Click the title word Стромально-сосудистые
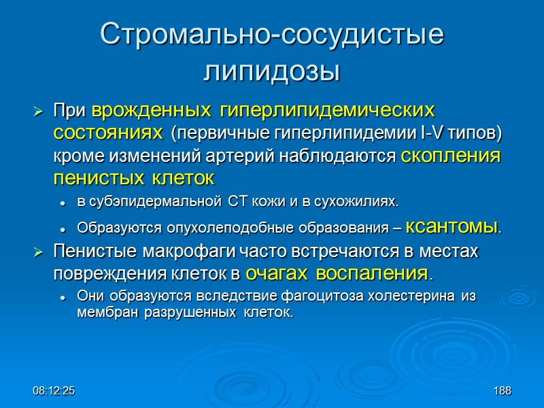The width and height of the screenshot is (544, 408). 272,35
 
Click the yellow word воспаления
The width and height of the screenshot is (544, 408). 373,273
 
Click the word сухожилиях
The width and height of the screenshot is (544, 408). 362,203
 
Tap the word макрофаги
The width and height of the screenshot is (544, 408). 182,251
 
